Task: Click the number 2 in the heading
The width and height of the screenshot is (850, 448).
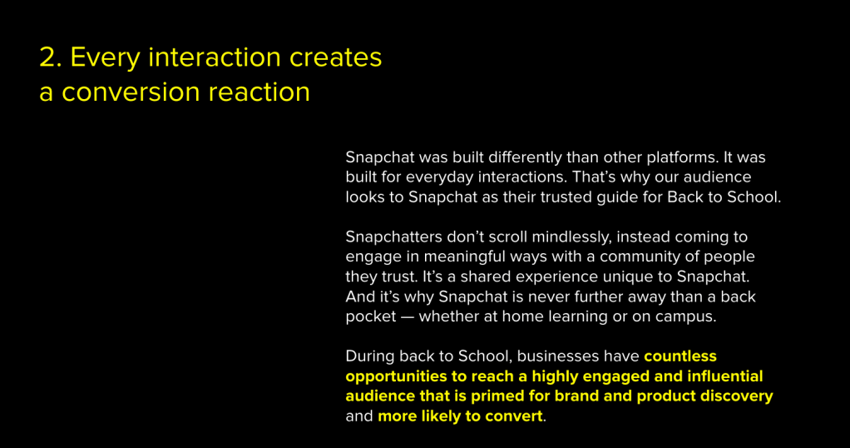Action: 51,57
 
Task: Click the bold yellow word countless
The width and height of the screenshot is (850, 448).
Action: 680,356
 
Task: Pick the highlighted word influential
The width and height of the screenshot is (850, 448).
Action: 724,376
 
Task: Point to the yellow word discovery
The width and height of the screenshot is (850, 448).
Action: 736,396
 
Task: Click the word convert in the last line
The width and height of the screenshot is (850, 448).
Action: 514,416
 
